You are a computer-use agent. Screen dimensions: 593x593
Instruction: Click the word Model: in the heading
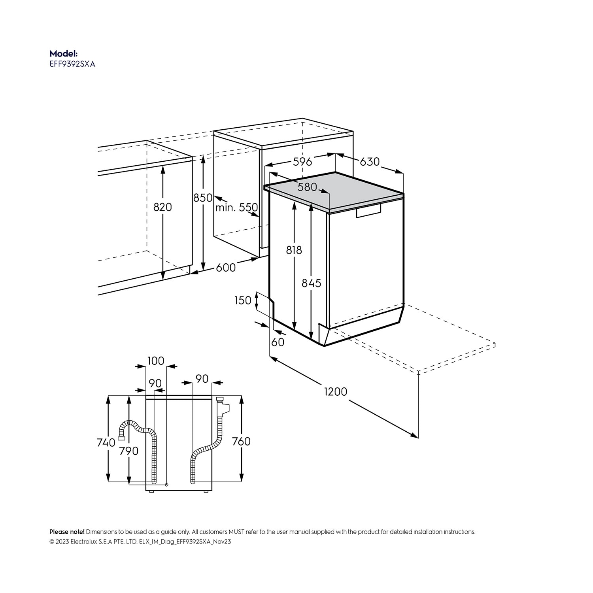click(x=64, y=54)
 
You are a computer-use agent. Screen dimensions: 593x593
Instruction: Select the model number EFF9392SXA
click(x=72, y=64)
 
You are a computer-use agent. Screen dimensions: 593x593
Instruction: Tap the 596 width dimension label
click(x=302, y=161)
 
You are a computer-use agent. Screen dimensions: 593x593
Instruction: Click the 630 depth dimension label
click(x=370, y=161)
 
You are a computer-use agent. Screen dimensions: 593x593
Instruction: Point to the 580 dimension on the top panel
click(x=308, y=187)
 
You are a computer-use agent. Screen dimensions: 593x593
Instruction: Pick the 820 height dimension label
click(x=162, y=207)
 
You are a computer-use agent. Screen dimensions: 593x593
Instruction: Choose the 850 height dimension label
click(x=203, y=198)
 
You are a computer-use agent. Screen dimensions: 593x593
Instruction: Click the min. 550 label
click(x=236, y=207)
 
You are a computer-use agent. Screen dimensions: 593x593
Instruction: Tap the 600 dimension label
click(x=226, y=268)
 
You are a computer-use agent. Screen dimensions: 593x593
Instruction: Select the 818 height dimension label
click(x=294, y=250)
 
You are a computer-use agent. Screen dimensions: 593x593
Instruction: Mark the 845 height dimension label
click(x=312, y=283)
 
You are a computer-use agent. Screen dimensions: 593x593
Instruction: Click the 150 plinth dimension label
click(x=243, y=300)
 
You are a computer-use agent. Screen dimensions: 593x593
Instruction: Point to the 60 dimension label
click(x=278, y=342)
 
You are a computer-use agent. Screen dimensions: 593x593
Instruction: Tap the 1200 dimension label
click(x=336, y=391)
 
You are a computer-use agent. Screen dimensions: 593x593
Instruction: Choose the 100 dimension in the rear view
click(x=156, y=361)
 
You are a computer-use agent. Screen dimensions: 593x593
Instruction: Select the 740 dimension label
click(x=106, y=442)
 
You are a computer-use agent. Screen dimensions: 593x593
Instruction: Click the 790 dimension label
click(x=129, y=451)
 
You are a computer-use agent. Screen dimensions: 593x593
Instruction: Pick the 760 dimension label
click(x=241, y=441)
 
